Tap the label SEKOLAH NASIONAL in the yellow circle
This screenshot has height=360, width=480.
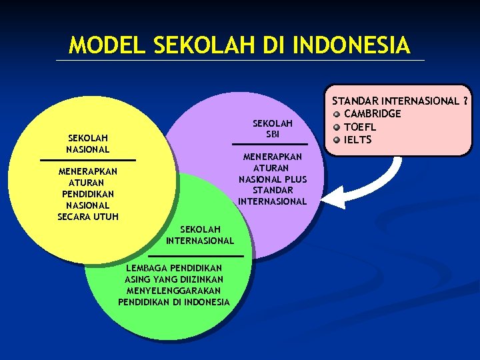tap(88, 143)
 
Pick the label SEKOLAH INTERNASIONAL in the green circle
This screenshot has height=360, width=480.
tap(200, 235)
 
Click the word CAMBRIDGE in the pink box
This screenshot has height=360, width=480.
tap(372, 114)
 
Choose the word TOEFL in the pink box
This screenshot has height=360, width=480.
tap(360, 127)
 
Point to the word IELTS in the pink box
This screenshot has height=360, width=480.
tap(358, 139)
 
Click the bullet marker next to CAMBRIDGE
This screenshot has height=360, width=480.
tap(337, 114)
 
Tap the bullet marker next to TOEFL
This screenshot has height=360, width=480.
tap(337, 127)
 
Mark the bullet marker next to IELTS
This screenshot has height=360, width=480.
tap(337, 139)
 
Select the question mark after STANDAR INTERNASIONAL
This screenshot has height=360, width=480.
tap(465, 101)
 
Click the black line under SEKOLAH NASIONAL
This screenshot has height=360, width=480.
tap(88, 160)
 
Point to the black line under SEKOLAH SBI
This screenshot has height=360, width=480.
tap(270, 144)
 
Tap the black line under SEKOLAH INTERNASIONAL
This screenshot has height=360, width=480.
tap(196, 256)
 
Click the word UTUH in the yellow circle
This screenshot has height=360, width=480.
tap(105, 217)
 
